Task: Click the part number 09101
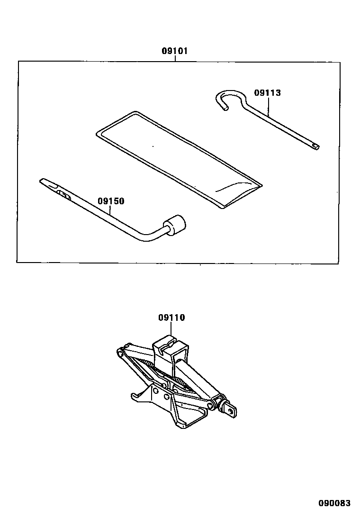pos(175,51)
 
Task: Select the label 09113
pos(267,93)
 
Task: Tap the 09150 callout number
pos(111,201)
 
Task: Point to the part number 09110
pos(171,318)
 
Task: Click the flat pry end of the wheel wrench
pos(45,182)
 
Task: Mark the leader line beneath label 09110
pos(171,329)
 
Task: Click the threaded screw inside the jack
pos(171,374)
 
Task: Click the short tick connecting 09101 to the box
pos(175,59)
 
